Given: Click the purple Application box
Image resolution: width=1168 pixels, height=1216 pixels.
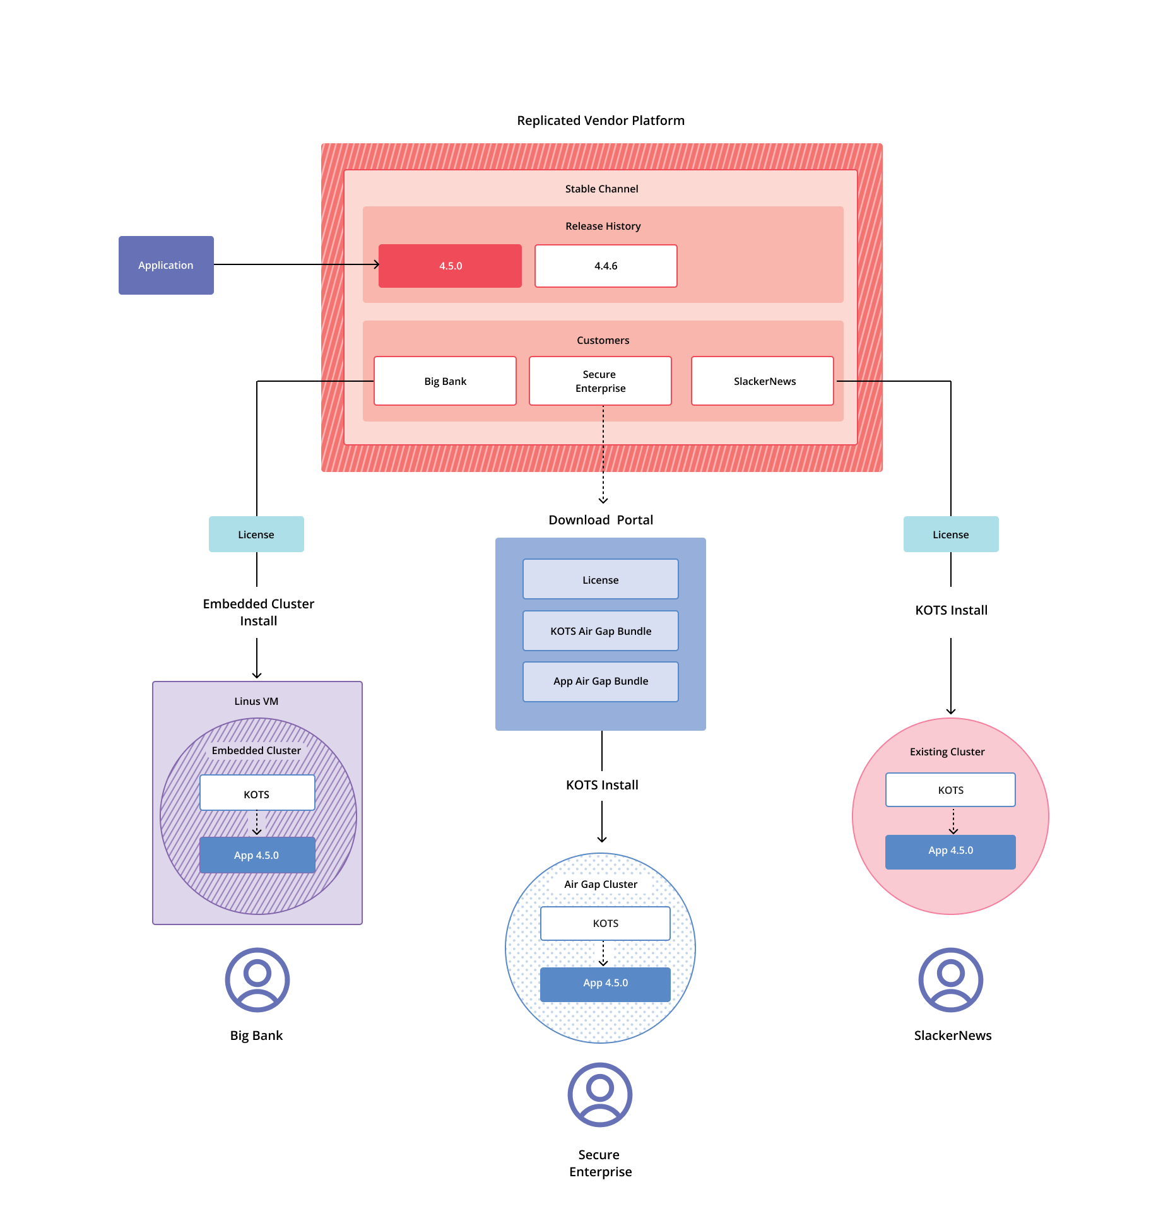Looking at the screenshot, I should (x=166, y=265).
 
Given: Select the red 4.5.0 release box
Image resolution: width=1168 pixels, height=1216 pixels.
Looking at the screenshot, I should (x=450, y=266).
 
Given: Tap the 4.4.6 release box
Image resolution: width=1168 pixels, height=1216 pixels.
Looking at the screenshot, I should (x=606, y=266).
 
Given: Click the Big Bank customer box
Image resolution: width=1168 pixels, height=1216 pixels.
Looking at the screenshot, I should (x=445, y=381).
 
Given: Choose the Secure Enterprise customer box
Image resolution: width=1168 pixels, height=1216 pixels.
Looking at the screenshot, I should (x=600, y=381).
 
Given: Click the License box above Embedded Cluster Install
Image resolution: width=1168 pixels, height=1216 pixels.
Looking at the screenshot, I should (x=256, y=534).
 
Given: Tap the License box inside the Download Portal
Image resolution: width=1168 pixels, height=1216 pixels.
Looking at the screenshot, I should (x=600, y=579).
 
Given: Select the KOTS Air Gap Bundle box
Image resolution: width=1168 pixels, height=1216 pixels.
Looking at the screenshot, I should (x=600, y=631).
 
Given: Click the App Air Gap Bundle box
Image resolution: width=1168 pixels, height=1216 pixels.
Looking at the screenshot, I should (x=600, y=682).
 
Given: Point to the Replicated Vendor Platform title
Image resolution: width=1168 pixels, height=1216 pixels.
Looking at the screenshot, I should (x=600, y=121).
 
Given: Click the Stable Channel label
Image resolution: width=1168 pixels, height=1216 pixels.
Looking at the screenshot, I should (x=601, y=189).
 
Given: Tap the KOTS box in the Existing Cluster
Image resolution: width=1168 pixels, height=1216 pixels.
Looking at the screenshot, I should (x=950, y=790).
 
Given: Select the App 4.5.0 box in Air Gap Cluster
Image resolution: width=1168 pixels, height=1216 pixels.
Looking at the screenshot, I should (x=605, y=983).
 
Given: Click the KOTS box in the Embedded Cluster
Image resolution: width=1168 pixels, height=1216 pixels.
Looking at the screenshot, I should (x=257, y=794).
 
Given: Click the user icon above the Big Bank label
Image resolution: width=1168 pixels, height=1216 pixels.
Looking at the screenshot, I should (x=257, y=979).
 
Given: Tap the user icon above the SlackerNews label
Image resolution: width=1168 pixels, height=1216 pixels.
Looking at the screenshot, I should (x=950, y=979).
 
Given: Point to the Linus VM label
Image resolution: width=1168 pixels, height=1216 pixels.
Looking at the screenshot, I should (x=256, y=701).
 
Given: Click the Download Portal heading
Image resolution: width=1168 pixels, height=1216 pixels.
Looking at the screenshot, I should (x=600, y=520).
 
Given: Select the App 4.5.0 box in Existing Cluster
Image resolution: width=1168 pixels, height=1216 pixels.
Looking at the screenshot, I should (x=950, y=851).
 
